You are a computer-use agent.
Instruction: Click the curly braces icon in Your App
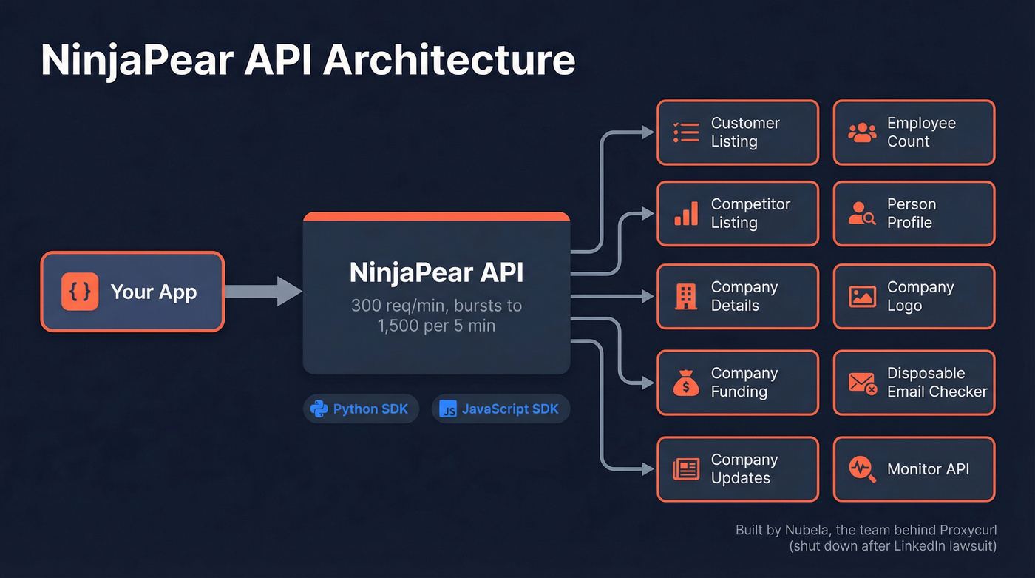[80, 292]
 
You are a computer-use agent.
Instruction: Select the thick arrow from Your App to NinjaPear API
[262, 292]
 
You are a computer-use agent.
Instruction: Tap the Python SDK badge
[361, 409]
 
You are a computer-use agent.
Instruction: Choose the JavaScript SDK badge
[500, 409]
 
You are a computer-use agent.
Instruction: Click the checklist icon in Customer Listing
[685, 132]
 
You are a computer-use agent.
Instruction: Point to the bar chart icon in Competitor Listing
[685, 214]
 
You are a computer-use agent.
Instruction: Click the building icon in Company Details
[685, 296]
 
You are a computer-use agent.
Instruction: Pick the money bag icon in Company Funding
[685, 383]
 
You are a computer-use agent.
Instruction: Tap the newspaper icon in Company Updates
[685, 469]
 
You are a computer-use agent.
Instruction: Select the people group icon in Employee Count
[862, 132]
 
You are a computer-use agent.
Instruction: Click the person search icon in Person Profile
[862, 214]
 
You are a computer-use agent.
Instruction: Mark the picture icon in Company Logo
[862, 297]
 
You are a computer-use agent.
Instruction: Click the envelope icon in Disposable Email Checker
[862, 383]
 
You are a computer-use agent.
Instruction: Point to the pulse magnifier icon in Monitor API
[862, 469]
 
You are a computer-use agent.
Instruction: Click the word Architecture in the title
[449, 60]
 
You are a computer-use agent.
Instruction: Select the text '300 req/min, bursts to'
[436, 305]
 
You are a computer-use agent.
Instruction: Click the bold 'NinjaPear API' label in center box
[436, 272]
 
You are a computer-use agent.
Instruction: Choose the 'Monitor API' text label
[928, 469]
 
